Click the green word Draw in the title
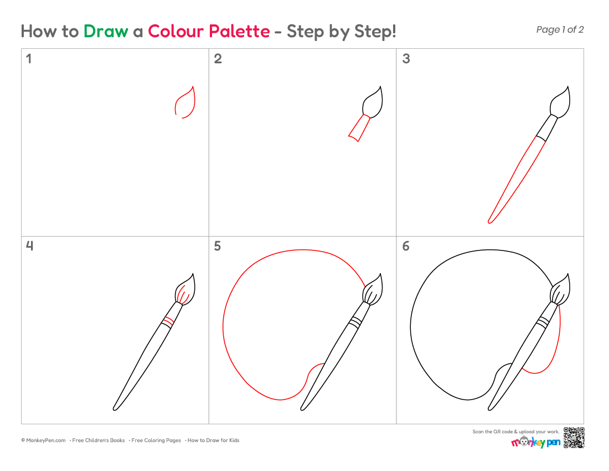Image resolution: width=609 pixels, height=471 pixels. click(106, 31)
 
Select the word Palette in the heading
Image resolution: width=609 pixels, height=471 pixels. click(239, 31)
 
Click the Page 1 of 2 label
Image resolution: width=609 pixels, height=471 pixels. click(560, 29)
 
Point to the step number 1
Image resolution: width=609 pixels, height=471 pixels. click(29, 59)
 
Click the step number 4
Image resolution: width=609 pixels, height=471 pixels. click(29, 245)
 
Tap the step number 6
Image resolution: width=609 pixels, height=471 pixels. click(406, 246)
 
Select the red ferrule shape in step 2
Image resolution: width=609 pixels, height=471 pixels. click(359, 128)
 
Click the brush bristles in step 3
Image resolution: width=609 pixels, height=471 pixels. click(560, 102)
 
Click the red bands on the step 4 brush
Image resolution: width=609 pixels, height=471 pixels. click(168, 321)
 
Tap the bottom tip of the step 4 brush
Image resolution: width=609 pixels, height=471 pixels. click(115, 409)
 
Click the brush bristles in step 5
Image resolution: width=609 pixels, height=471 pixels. click(373, 289)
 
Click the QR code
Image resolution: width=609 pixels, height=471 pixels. click(574, 438)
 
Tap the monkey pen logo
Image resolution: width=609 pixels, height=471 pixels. click(535, 442)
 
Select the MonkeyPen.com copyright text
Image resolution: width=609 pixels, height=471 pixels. click(43, 441)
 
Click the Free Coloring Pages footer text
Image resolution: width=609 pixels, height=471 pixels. click(156, 441)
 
